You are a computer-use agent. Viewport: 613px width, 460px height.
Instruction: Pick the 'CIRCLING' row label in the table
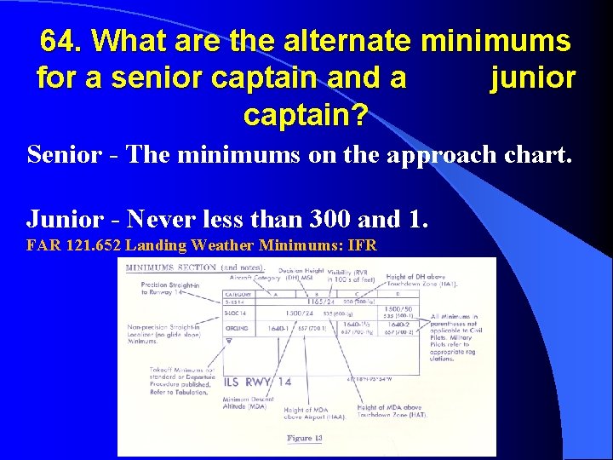pos(238,326)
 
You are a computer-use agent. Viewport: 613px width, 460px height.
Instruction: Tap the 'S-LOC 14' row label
pos(237,313)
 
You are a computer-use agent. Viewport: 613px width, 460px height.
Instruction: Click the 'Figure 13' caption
pos(305,438)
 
